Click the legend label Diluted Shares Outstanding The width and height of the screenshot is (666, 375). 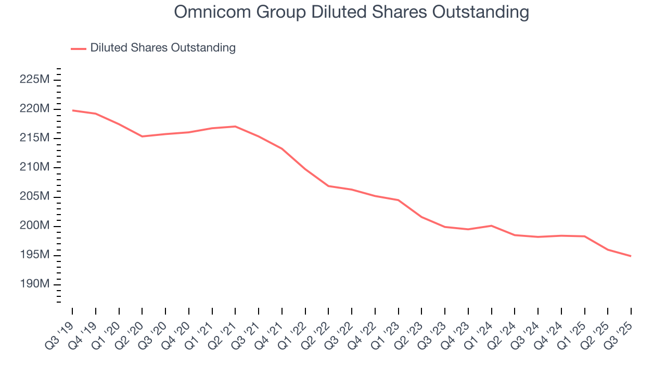(163, 48)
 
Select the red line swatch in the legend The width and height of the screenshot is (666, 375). (79, 48)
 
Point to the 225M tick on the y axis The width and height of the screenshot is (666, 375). (34, 80)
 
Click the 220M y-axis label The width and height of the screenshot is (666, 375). (34, 109)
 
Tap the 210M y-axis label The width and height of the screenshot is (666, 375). (34, 167)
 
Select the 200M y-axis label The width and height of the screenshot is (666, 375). (34, 226)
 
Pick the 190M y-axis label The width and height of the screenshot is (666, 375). (34, 284)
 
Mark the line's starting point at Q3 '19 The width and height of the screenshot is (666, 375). (72, 110)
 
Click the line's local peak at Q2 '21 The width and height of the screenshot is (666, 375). (235, 127)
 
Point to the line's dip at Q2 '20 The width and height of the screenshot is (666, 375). (142, 136)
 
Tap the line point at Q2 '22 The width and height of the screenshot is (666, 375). (328, 186)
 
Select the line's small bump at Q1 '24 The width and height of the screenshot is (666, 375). (491, 226)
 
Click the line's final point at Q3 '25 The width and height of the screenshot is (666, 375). (631, 256)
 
